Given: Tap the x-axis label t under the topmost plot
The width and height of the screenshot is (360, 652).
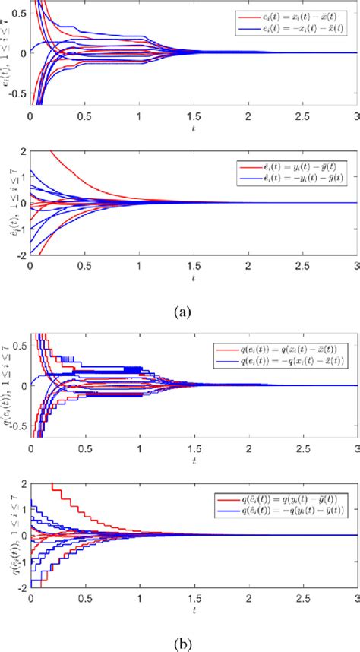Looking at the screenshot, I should pyautogui.click(x=193, y=130).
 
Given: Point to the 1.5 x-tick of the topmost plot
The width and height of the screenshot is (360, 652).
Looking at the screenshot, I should pyautogui.click(x=194, y=119).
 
